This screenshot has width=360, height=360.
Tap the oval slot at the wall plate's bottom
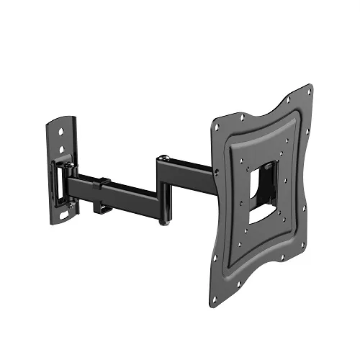[x=66, y=214]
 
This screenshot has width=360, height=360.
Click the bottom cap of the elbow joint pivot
[x=166, y=213]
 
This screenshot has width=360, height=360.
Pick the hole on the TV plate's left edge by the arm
[x=215, y=169]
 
